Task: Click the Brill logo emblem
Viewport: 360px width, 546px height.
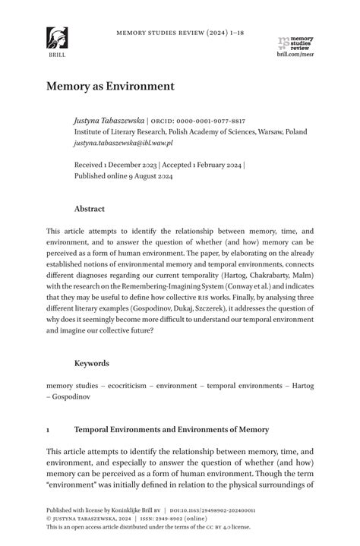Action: click(x=56, y=38)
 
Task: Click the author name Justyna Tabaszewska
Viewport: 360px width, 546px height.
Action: click(x=109, y=121)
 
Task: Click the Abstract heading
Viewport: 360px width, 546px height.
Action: click(x=90, y=209)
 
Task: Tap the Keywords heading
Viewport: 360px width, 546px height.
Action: click(x=91, y=363)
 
